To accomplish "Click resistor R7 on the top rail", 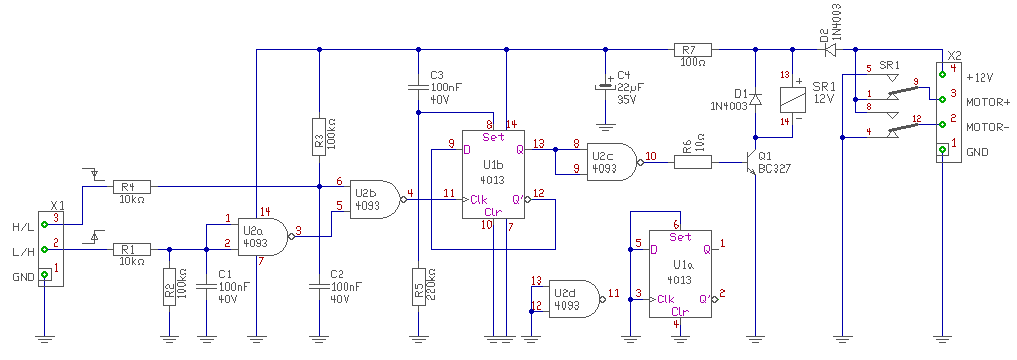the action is (x=693, y=49).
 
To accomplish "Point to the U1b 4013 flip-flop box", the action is (x=494, y=174).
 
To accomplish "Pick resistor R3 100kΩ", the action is (x=318, y=136).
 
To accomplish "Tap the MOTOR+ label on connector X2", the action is (x=988, y=102).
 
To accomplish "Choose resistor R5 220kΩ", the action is (x=418, y=285).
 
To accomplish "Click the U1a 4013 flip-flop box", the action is (x=680, y=274).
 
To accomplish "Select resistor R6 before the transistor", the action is (x=693, y=162).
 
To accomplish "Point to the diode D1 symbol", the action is (x=755, y=100).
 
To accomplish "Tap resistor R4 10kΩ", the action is (x=132, y=187).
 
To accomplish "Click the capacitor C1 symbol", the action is (x=206, y=285).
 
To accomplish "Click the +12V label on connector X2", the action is (x=979, y=77).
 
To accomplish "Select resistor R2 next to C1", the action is (x=169, y=285).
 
